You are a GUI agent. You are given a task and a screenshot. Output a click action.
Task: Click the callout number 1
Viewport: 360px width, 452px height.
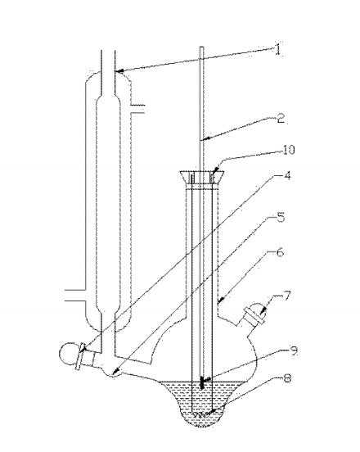tap(277, 50)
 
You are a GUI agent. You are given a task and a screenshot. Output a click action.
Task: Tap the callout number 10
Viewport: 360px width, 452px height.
tap(289, 150)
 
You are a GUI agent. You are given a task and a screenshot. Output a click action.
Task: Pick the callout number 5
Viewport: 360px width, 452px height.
tap(280, 217)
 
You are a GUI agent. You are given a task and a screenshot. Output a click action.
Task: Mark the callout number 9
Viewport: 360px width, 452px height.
tap(294, 351)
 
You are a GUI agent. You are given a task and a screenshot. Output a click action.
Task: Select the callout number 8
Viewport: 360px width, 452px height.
tap(287, 378)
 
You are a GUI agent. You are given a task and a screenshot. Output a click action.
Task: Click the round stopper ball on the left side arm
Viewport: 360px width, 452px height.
tap(68, 354)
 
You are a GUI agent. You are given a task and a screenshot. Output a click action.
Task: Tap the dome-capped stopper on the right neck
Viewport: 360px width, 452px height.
tap(254, 314)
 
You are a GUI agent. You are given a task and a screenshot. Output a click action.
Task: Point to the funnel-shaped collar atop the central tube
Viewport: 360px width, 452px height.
tap(202, 177)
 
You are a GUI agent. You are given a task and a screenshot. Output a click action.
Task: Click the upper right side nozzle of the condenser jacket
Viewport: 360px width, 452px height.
tap(137, 109)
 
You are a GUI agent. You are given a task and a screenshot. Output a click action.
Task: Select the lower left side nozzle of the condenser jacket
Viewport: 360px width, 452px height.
tap(75, 295)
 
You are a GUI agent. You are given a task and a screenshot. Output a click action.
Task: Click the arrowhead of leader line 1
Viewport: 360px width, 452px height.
tap(119, 70)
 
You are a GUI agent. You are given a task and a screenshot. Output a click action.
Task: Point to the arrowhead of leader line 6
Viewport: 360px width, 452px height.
tap(219, 301)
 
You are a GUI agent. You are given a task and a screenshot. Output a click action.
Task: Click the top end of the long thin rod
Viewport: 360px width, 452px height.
tap(201, 47)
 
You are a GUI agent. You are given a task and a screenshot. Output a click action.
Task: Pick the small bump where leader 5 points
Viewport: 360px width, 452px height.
tap(113, 373)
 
